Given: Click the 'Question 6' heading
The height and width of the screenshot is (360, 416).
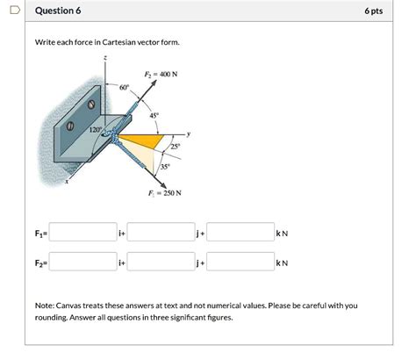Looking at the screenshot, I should click(x=58, y=11).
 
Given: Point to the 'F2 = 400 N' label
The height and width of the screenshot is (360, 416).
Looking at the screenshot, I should click(x=161, y=75).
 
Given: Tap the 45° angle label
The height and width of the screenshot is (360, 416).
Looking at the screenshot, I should click(x=155, y=114).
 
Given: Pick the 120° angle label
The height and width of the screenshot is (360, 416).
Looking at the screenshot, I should click(x=95, y=131).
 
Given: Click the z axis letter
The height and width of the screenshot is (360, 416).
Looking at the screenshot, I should click(x=107, y=57).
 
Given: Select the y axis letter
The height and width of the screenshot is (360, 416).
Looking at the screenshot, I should click(x=188, y=133).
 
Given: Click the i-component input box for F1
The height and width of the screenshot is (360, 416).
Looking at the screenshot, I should click(x=83, y=233).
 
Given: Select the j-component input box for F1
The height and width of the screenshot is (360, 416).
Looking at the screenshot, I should click(x=161, y=233).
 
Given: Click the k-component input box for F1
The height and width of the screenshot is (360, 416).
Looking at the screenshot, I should click(x=240, y=233).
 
